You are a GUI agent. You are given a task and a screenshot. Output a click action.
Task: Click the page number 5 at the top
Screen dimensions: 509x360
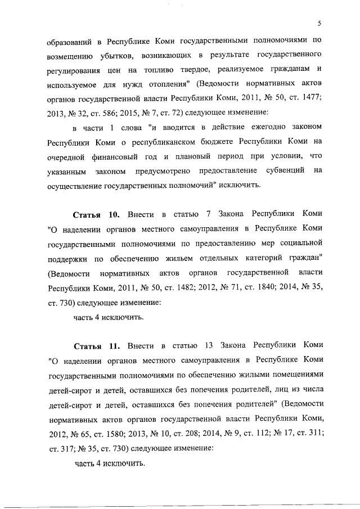[318, 23]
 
